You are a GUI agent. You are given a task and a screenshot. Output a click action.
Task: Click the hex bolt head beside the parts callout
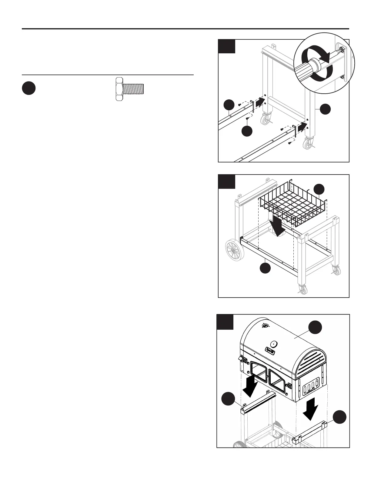click(119, 88)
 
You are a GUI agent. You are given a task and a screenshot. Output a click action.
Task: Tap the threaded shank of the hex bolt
click(133, 88)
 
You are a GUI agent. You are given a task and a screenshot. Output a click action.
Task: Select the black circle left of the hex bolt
click(29, 88)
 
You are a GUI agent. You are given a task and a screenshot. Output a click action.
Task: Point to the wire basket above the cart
click(292, 205)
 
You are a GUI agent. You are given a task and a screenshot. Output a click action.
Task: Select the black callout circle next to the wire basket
click(319, 189)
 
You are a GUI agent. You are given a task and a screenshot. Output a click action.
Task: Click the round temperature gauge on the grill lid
click(273, 344)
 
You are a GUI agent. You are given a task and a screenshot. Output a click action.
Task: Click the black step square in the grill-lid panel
click(225, 322)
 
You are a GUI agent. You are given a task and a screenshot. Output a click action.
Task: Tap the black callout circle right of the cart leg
click(326, 109)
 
